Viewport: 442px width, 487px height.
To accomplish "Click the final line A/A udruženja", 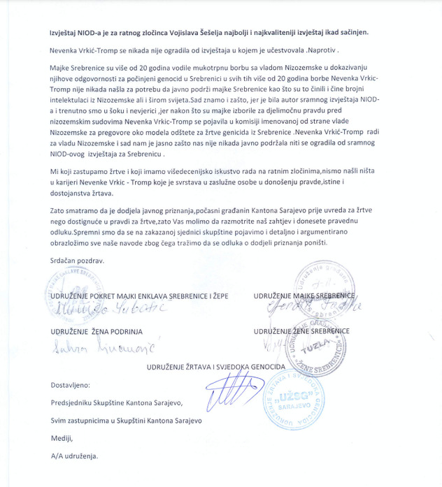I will click(x=75, y=457).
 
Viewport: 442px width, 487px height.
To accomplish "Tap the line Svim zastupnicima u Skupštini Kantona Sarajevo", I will click(x=125, y=421).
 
